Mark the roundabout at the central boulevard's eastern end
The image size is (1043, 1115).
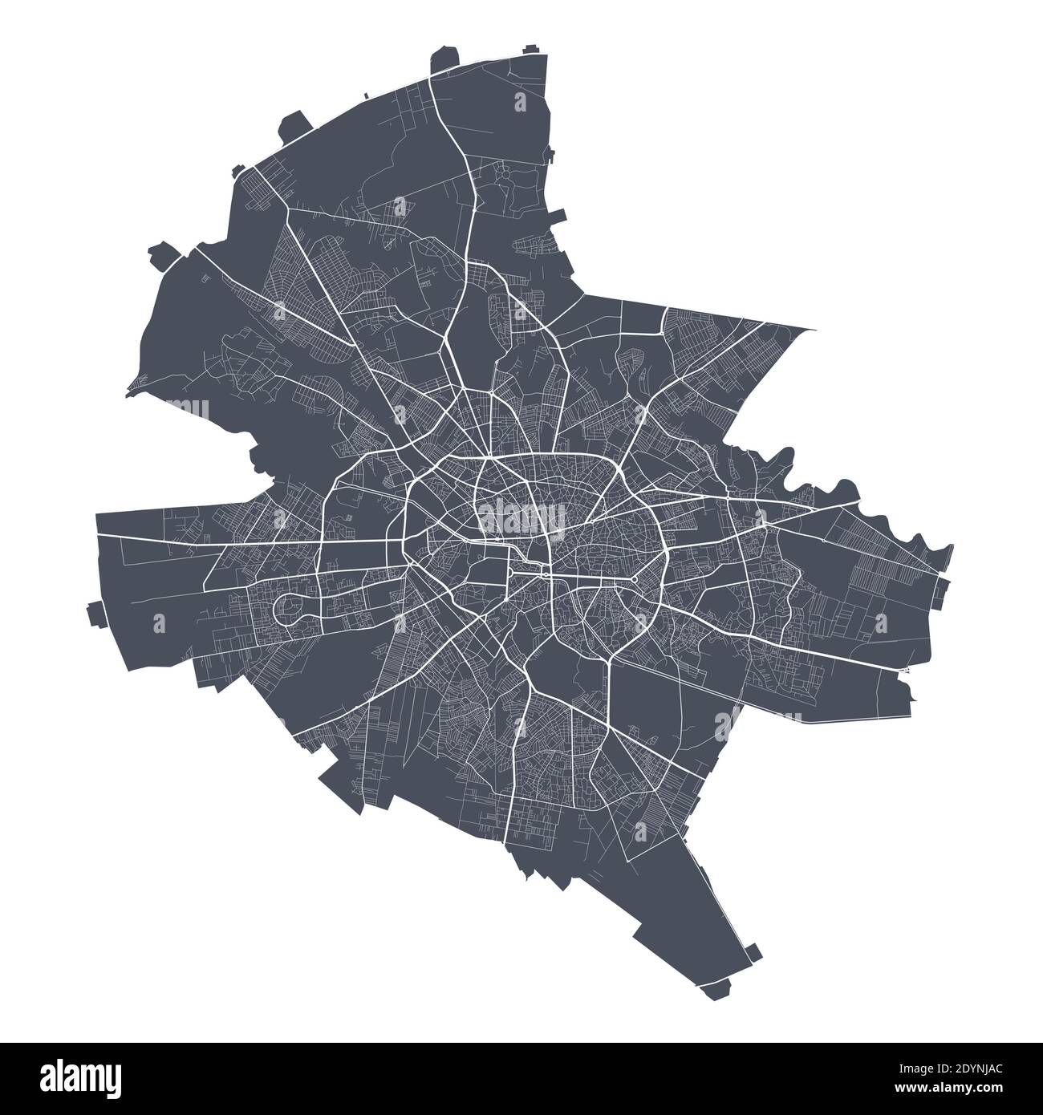(634, 578)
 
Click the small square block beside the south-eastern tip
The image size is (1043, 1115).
(751, 952)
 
